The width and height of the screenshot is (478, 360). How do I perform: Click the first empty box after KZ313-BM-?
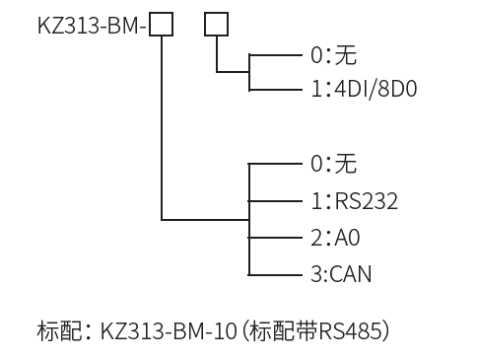(162, 24)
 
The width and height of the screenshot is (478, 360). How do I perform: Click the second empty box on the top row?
(216, 24)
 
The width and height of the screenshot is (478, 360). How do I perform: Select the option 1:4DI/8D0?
(364, 90)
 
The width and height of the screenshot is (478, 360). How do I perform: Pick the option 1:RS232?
(354, 201)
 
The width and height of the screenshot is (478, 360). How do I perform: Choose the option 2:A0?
(336, 238)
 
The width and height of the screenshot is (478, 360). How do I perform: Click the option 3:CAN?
(341, 274)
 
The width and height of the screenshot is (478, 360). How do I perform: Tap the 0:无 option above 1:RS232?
(333, 164)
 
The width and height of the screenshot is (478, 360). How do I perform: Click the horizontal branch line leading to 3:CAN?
(274, 274)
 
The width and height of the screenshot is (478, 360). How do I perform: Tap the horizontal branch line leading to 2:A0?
(274, 238)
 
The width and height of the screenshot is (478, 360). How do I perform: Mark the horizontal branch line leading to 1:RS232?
(274, 200)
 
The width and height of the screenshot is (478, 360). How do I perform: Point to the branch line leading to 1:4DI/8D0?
(274, 90)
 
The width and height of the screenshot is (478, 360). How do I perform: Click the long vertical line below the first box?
(162, 128)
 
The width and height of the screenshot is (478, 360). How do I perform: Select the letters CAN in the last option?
(351, 274)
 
